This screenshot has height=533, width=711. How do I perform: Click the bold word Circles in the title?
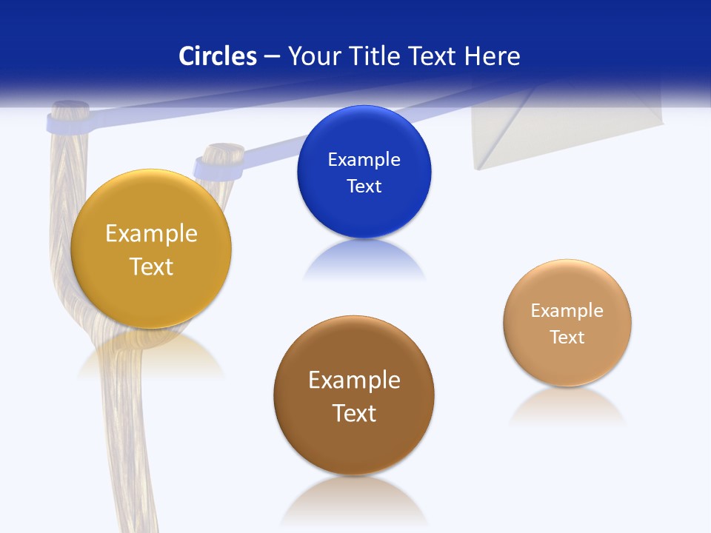tap(218, 56)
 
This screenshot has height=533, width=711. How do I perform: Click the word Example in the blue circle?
tap(364, 160)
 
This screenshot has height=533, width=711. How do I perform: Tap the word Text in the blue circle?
tap(364, 187)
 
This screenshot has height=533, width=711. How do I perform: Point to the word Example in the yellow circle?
tap(151, 234)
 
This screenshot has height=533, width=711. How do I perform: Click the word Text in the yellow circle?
tap(151, 266)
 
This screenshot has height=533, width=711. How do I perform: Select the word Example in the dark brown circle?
tap(354, 381)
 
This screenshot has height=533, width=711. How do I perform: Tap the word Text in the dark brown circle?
tap(354, 413)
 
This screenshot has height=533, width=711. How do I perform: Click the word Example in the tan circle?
tap(567, 311)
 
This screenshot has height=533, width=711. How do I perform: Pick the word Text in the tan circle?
tap(567, 338)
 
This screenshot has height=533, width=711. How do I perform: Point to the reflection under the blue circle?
tap(364, 263)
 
